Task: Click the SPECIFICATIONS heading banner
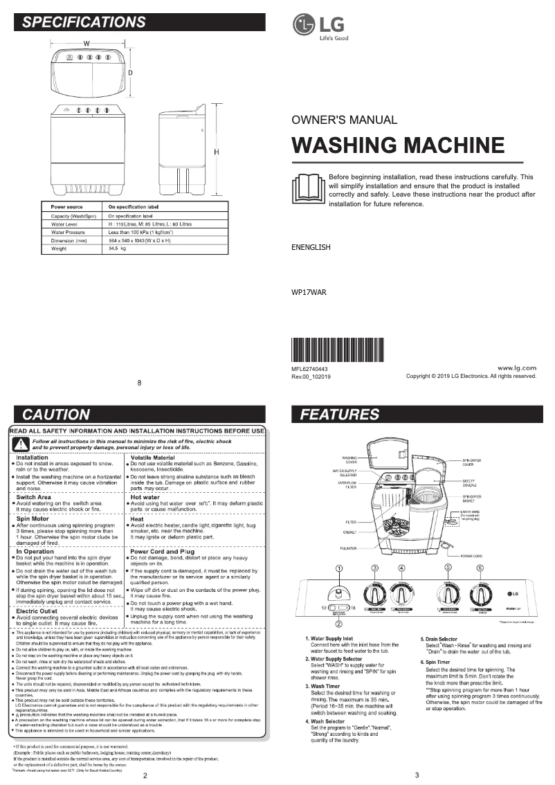point(139,22)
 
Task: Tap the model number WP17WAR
point(309,292)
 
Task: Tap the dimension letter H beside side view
point(217,152)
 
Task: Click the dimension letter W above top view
point(87,43)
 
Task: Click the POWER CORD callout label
point(471,555)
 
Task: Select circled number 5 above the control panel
point(448,567)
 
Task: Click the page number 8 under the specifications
point(139,383)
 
